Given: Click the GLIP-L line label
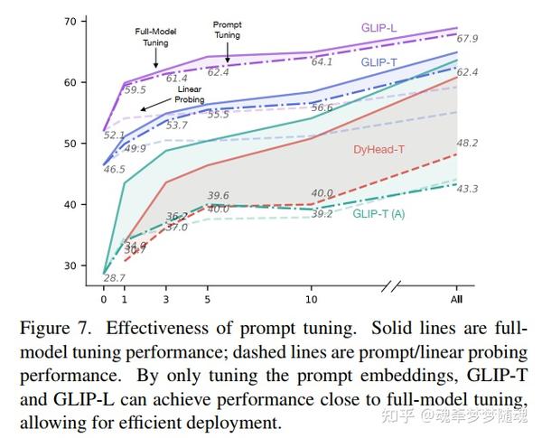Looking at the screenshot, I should point(379,28).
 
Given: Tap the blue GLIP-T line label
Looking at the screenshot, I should point(378,62).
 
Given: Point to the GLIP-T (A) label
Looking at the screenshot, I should point(378,214).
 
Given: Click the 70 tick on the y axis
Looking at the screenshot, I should point(70,20).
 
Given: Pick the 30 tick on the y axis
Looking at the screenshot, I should point(70,266).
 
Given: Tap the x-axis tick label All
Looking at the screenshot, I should point(458,299).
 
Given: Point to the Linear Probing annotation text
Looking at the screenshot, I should point(189,94).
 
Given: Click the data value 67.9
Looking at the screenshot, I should point(467,39).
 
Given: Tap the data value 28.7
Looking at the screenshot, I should point(115,277).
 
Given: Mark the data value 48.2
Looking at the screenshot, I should point(467,143).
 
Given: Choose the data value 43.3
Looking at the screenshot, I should point(467,189).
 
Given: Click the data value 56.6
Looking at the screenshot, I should point(321,107).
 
